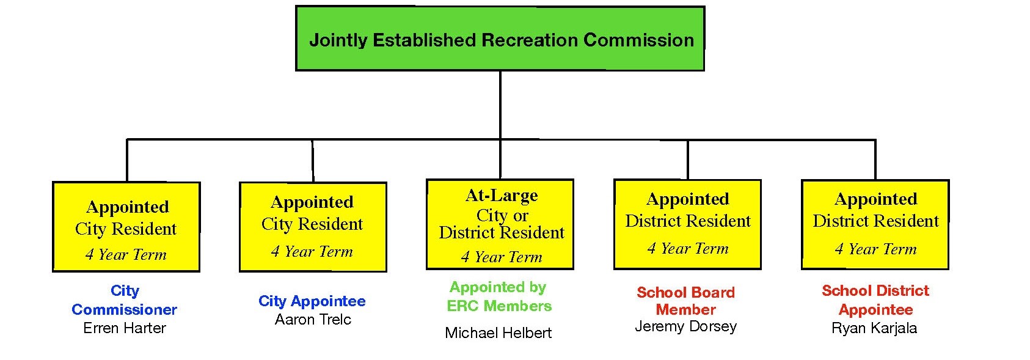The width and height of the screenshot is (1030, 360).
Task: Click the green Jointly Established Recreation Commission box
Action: (500, 39)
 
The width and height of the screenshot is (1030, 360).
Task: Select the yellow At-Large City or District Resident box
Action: (500, 224)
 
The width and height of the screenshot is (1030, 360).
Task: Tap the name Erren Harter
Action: (125, 328)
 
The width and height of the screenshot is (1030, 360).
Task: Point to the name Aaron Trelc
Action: (313, 320)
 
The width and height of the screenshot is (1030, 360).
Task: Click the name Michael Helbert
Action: (498, 333)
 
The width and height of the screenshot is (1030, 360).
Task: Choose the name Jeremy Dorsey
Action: (685, 326)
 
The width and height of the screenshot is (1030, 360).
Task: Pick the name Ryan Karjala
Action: (874, 328)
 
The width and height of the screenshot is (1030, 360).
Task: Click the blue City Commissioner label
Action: (125, 300)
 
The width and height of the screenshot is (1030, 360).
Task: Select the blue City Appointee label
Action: (312, 301)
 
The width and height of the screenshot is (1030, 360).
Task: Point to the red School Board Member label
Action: (685, 301)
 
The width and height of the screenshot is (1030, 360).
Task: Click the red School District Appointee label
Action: (875, 299)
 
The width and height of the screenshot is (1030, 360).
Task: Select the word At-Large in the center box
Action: (502, 196)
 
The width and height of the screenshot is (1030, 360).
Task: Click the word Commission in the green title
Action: (638, 40)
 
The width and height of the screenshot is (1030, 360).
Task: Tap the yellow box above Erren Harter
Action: (126, 227)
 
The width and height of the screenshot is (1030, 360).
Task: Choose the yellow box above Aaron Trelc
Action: (313, 227)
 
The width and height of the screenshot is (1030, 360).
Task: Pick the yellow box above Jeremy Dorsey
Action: (687, 224)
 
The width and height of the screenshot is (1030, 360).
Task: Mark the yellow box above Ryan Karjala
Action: (875, 224)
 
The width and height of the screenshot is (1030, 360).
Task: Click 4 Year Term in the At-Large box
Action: (502, 257)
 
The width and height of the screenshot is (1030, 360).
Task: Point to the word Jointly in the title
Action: (338, 41)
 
